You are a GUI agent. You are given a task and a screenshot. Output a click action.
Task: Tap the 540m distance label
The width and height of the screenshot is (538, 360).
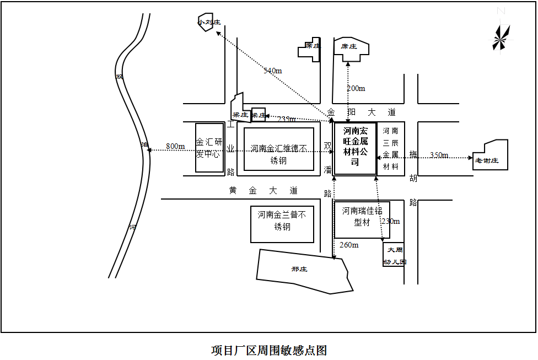(x=272, y=71)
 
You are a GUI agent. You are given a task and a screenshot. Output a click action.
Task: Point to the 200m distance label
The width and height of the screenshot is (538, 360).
(x=356, y=88)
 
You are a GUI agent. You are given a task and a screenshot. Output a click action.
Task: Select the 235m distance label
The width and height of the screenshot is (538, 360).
(x=286, y=119)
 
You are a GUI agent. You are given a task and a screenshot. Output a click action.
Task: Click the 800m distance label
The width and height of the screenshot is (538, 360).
(x=175, y=146)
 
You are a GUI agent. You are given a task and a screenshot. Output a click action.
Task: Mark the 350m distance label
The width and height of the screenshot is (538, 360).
(x=439, y=155)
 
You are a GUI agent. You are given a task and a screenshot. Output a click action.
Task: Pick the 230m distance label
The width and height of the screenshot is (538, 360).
(x=391, y=221)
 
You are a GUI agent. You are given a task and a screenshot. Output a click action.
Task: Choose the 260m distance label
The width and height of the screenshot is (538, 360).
(x=349, y=245)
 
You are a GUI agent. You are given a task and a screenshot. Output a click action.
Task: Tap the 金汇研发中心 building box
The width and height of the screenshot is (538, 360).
(x=209, y=148)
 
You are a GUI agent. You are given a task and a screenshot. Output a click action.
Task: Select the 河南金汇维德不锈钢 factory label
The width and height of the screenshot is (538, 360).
(x=278, y=154)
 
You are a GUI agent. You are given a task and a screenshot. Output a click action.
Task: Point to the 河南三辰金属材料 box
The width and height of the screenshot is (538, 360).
(x=391, y=149)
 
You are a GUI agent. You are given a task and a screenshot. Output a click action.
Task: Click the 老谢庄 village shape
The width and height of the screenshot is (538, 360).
(x=489, y=158)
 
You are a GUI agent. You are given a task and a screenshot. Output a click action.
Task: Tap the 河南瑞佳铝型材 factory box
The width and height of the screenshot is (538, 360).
(x=362, y=217)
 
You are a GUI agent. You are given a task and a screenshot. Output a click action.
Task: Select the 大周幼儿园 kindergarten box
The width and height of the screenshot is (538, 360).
(x=394, y=255)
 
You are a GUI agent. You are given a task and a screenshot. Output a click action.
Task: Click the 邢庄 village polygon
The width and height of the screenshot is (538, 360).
(x=301, y=271)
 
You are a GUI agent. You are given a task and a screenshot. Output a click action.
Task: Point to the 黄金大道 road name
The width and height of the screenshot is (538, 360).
(x=263, y=191)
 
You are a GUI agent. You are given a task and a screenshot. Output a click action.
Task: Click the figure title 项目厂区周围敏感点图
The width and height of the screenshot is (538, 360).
(x=269, y=350)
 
